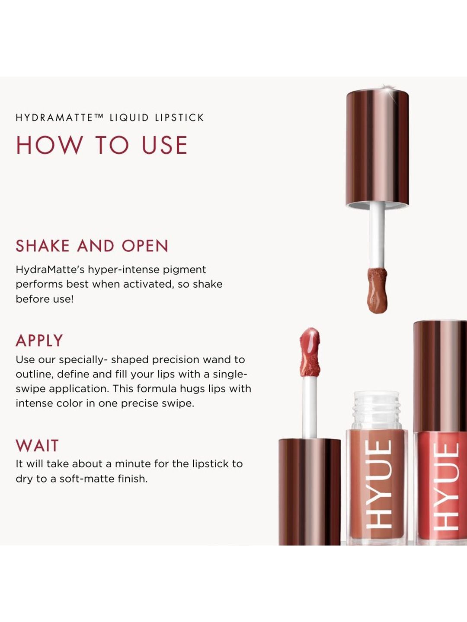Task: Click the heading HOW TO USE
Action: [x=102, y=145]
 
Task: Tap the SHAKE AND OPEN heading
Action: [x=92, y=246]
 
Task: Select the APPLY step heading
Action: [x=39, y=340]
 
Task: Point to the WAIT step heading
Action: [x=37, y=445]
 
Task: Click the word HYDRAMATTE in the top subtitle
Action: [x=54, y=117]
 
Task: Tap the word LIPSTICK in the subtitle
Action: [x=179, y=117]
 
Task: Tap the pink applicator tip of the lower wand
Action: [x=310, y=352]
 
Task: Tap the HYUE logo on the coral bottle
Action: [x=446, y=490]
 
